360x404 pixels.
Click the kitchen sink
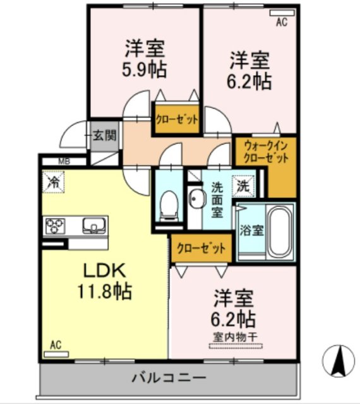pyautogui.click(x=93, y=224)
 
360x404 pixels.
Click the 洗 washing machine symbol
pyautogui.click(x=243, y=187)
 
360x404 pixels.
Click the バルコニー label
pyautogui.click(x=169, y=379)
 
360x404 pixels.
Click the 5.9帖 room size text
pyautogui.click(x=144, y=69)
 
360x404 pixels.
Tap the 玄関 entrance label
pyautogui.click(x=105, y=134)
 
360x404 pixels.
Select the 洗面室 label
pyautogui.click(x=217, y=199)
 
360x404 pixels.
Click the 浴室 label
pyautogui.click(x=251, y=230)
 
